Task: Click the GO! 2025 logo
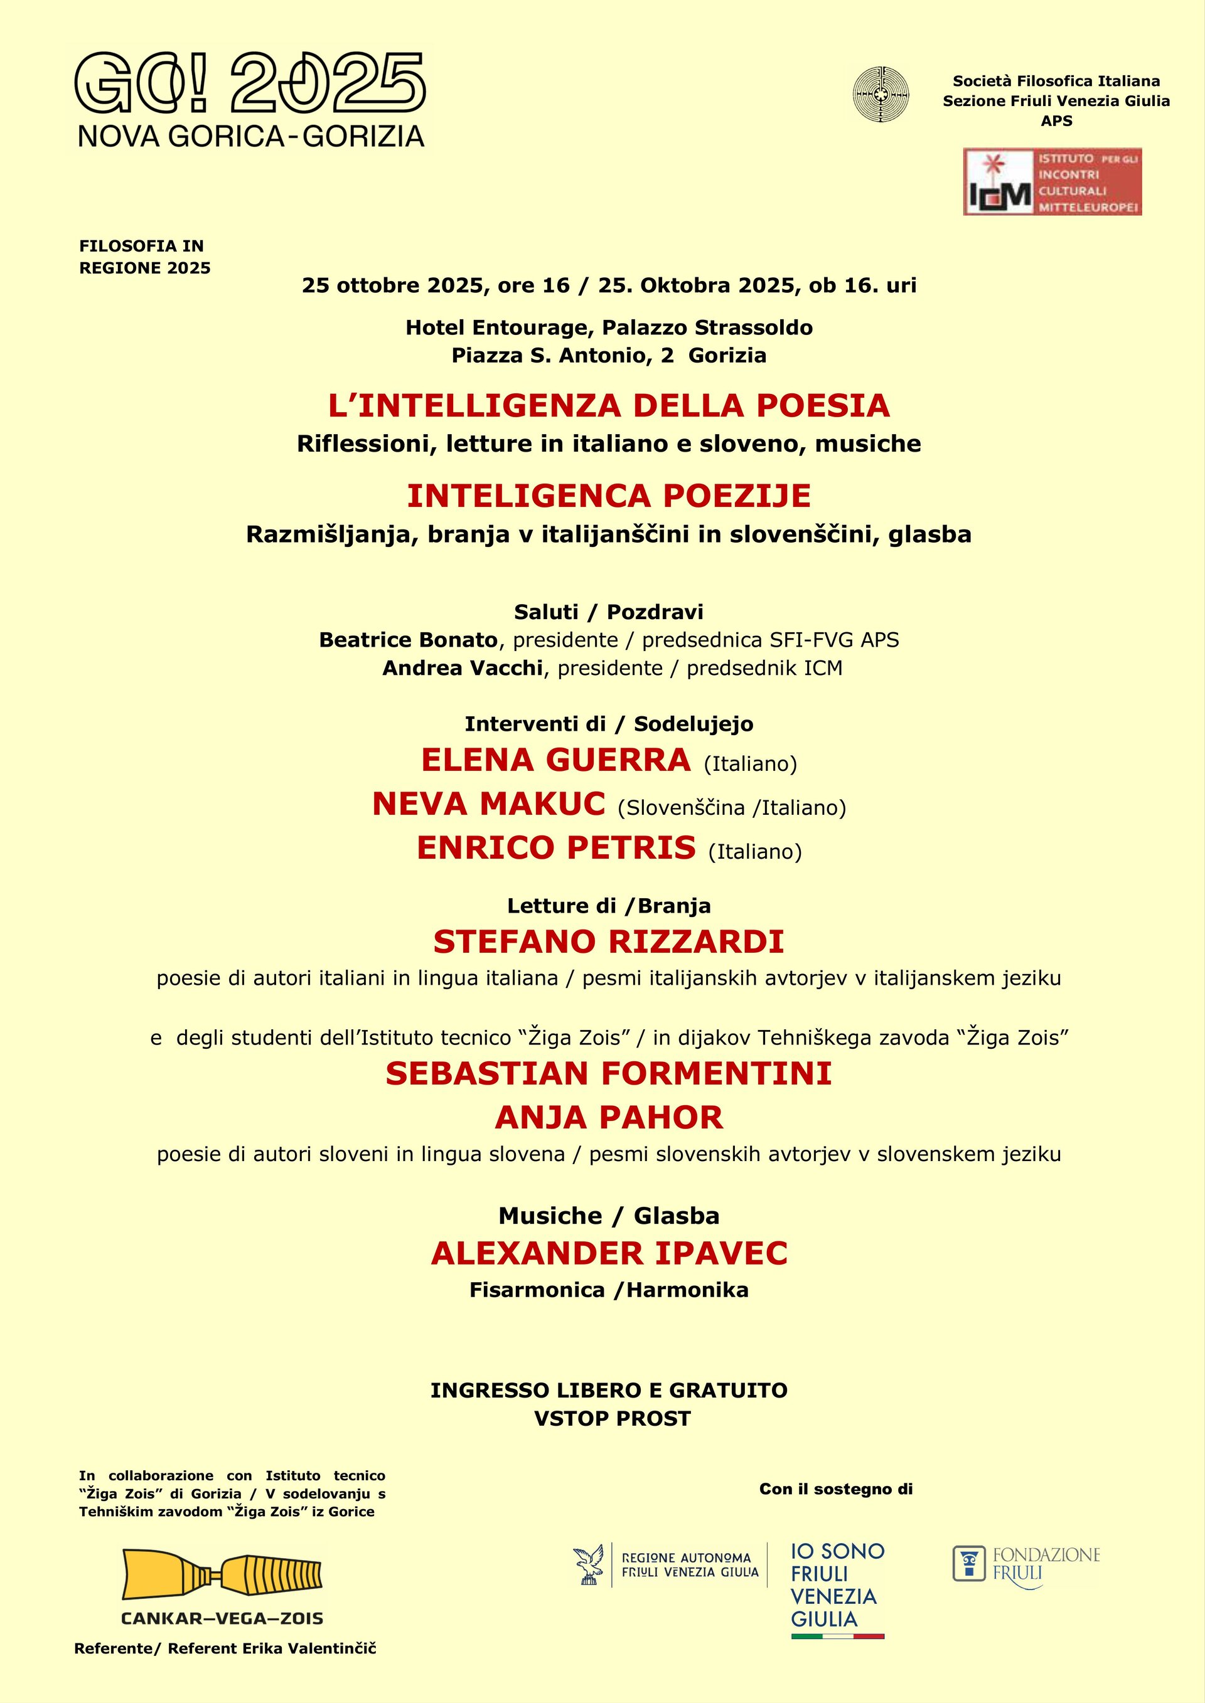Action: coord(251,99)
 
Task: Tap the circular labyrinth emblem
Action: coord(881,94)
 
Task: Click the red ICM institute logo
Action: coord(1051,182)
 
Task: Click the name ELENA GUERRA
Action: coord(556,760)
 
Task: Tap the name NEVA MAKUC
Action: coord(489,804)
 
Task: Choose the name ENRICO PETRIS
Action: coord(556,848)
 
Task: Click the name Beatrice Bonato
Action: coord(408,640)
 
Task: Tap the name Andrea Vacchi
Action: coord(463,668)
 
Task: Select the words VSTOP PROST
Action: coord(612,1419)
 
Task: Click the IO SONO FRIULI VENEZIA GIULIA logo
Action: coord(837,1589)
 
